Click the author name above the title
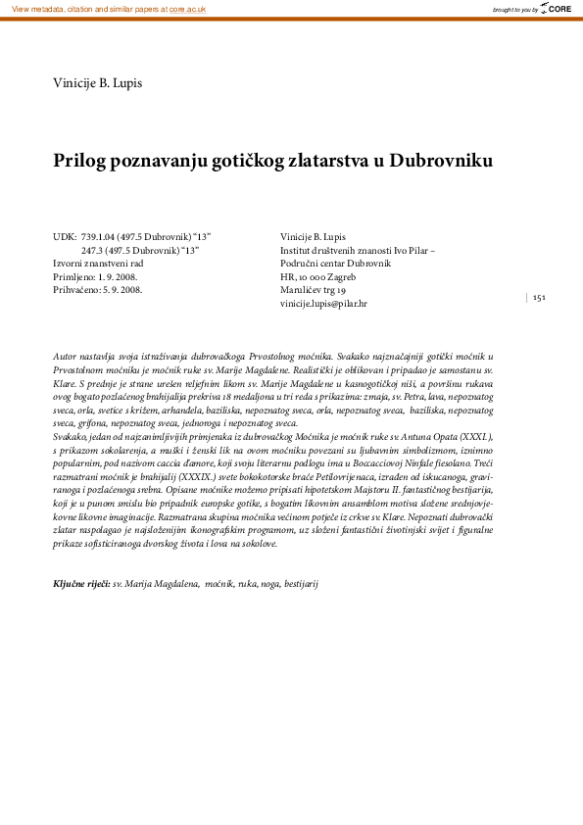pyautogui.click(x=97, y=83)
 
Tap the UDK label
pyautogui.click(x=65, y=236)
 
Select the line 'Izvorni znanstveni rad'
pyautogui.click(x=98, y=264)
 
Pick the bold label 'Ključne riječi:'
pyautogui.click(x=81, y=584)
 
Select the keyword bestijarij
pyautogui.click(x=300, y=584)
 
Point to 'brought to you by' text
pyautogui.click(x=515, y=9)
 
